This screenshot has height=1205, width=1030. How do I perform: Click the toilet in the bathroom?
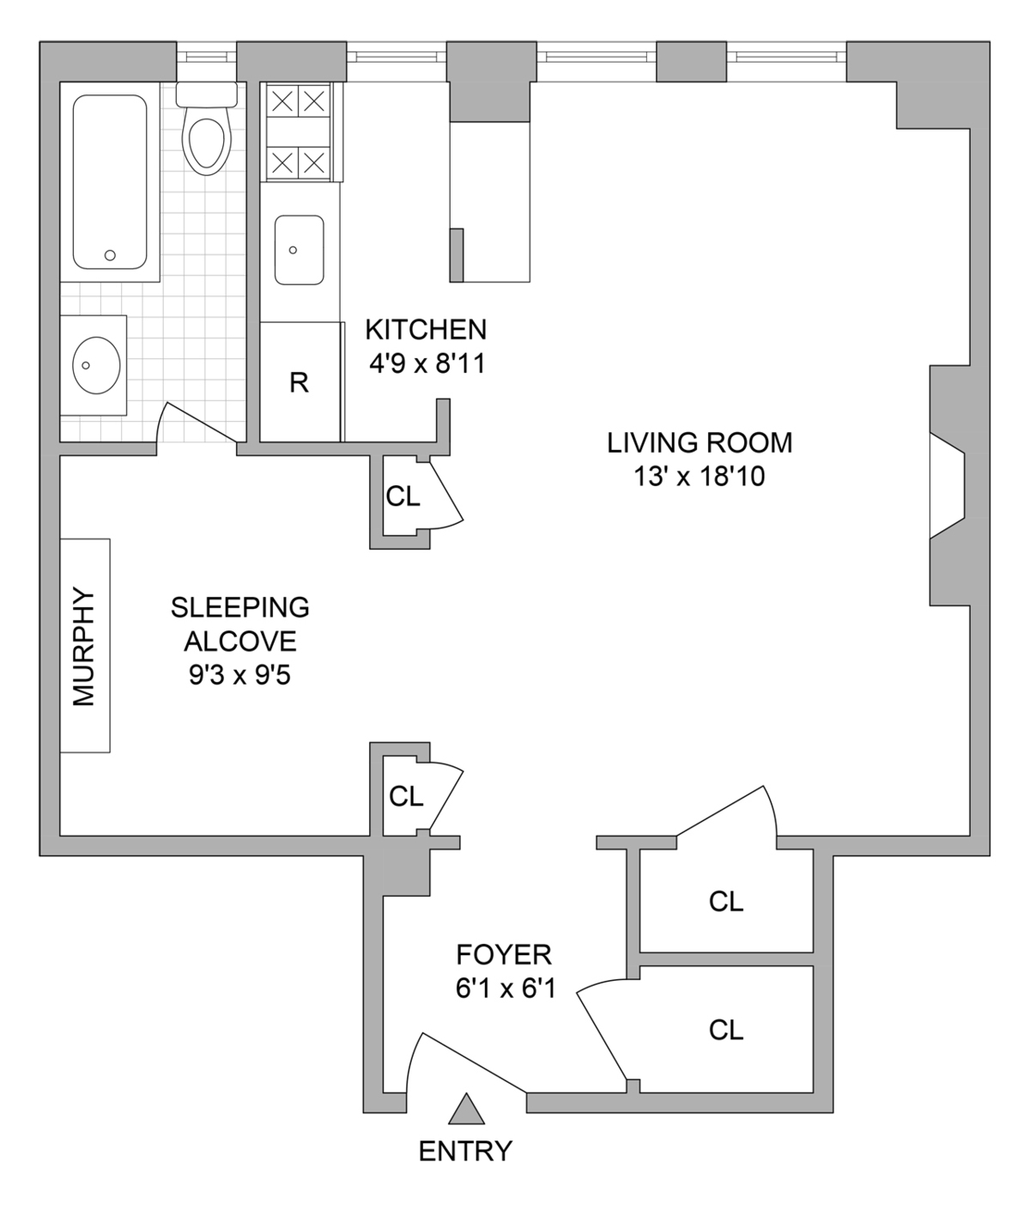(207, 137)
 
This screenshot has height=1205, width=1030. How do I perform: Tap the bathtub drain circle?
(110, 255)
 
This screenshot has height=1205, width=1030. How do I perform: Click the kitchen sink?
(299, 250)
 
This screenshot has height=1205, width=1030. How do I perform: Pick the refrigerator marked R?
(299, 382)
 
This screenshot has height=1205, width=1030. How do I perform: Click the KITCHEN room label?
(426, 329)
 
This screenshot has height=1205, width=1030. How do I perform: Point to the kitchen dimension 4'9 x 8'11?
(427, 364)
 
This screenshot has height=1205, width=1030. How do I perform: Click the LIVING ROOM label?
(700, 443)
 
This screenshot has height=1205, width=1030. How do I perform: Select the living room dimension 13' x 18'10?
(700, 477)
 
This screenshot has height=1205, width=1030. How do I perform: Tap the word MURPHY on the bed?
(84, 646)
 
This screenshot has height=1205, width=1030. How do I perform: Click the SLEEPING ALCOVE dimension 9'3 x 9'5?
(240, 676)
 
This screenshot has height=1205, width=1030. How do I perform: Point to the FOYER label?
(504, 954)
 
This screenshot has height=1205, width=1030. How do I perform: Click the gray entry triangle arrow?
(466, 1110)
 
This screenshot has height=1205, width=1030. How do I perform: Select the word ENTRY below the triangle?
(465, 1151)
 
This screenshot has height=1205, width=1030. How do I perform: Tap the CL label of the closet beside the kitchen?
(403, 496)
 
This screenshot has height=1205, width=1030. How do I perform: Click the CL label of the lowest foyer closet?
(726, 1030)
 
